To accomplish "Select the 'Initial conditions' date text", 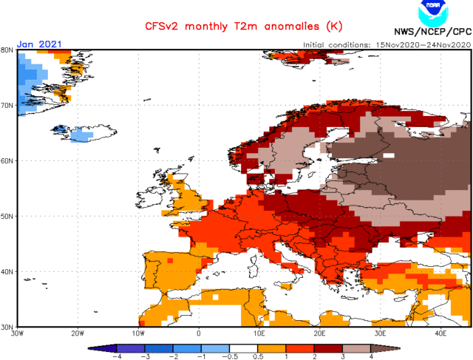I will tap(385, 44).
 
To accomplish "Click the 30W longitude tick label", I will tap(18, 333).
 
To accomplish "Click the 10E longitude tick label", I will tap(260, 333).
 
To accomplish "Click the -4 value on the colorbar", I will tap(115, 355).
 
